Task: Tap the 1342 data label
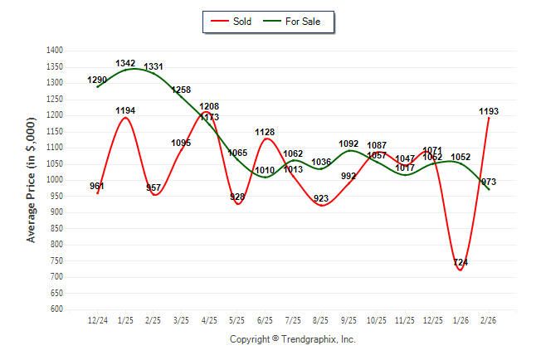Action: (126, 63)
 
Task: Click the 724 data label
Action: (460, 263)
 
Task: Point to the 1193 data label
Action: (490, 111)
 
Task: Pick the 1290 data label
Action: (98, 80)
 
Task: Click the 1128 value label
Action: (266, 132)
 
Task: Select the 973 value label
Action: (489, 182)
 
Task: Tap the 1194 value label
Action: (126, 110)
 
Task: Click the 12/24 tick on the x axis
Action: (98, 320)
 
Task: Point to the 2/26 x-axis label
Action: (489, 320)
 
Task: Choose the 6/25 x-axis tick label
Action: (266, 320)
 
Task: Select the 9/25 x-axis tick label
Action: (349, 320)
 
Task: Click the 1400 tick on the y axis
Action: (54, 51)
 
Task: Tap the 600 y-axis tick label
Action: (56, 309)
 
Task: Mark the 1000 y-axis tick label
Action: (54, 180)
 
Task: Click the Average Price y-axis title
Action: (32, 179)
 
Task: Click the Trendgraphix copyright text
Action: (292, 340)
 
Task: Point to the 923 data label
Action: (321, 198)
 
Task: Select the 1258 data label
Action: (182, 90)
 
